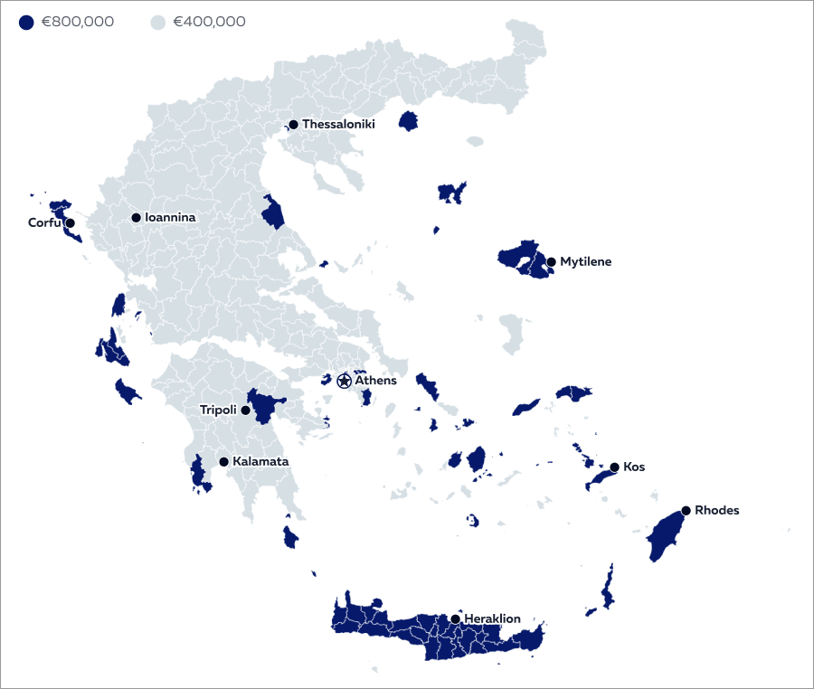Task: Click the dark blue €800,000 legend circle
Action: pos(26,22)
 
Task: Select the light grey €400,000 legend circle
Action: pos(157,22)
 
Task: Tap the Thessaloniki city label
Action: pos(338,124)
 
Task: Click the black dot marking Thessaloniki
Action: pos(293,125)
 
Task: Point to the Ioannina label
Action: pos(170,217)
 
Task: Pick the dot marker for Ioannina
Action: pos(136,217)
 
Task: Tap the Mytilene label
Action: pos(585,261)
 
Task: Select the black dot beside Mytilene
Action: pos(551,262)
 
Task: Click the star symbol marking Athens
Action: pos(344,381)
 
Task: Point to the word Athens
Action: pos(375,381)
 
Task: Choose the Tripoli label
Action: pos(218,410)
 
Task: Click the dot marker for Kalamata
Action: pos(223,462)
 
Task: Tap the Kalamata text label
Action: pos(260,461)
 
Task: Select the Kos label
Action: pos(634,467)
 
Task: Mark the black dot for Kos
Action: pos(614,467)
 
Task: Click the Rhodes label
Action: pos(716,510)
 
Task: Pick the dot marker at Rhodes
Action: pos(686,511)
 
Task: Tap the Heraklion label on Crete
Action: pos(492,618)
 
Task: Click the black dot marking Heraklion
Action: pos(455,619)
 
